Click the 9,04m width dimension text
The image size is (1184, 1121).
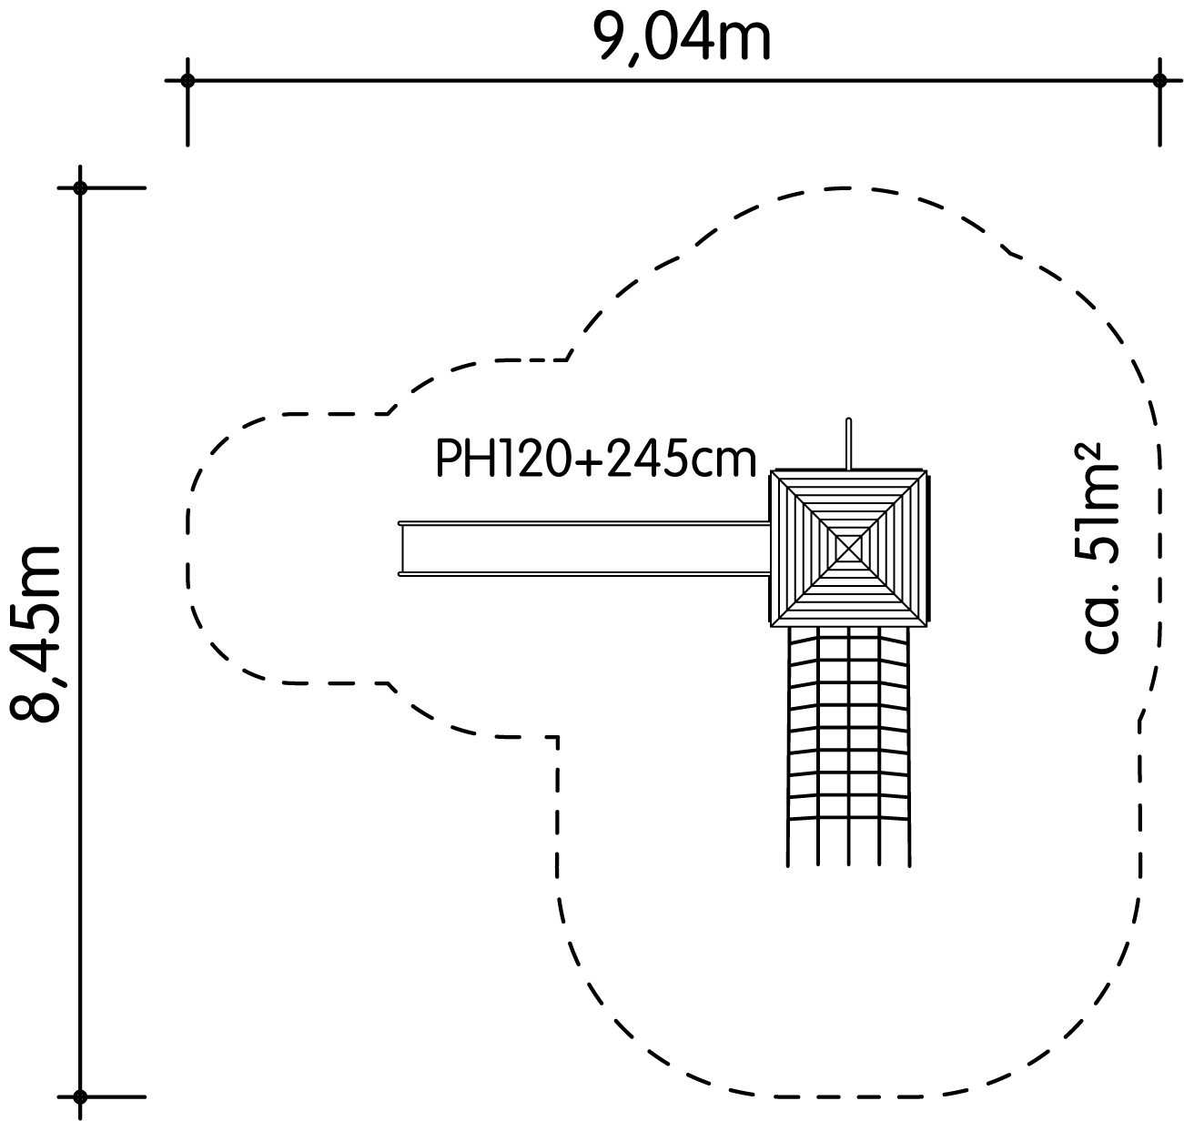click(682, 37)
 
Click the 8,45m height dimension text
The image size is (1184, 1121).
click(35, 633)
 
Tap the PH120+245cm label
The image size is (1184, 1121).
click(595, 460)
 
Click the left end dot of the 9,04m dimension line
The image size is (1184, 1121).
click(187, 80)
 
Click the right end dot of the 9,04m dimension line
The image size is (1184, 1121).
click(1159, 80)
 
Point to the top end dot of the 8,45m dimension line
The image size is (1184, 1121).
click(80, 188)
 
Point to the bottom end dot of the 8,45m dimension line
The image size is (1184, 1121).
click(80, 1097)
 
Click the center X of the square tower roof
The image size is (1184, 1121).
click(848, 548)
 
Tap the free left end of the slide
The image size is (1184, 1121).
click(400, 549)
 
